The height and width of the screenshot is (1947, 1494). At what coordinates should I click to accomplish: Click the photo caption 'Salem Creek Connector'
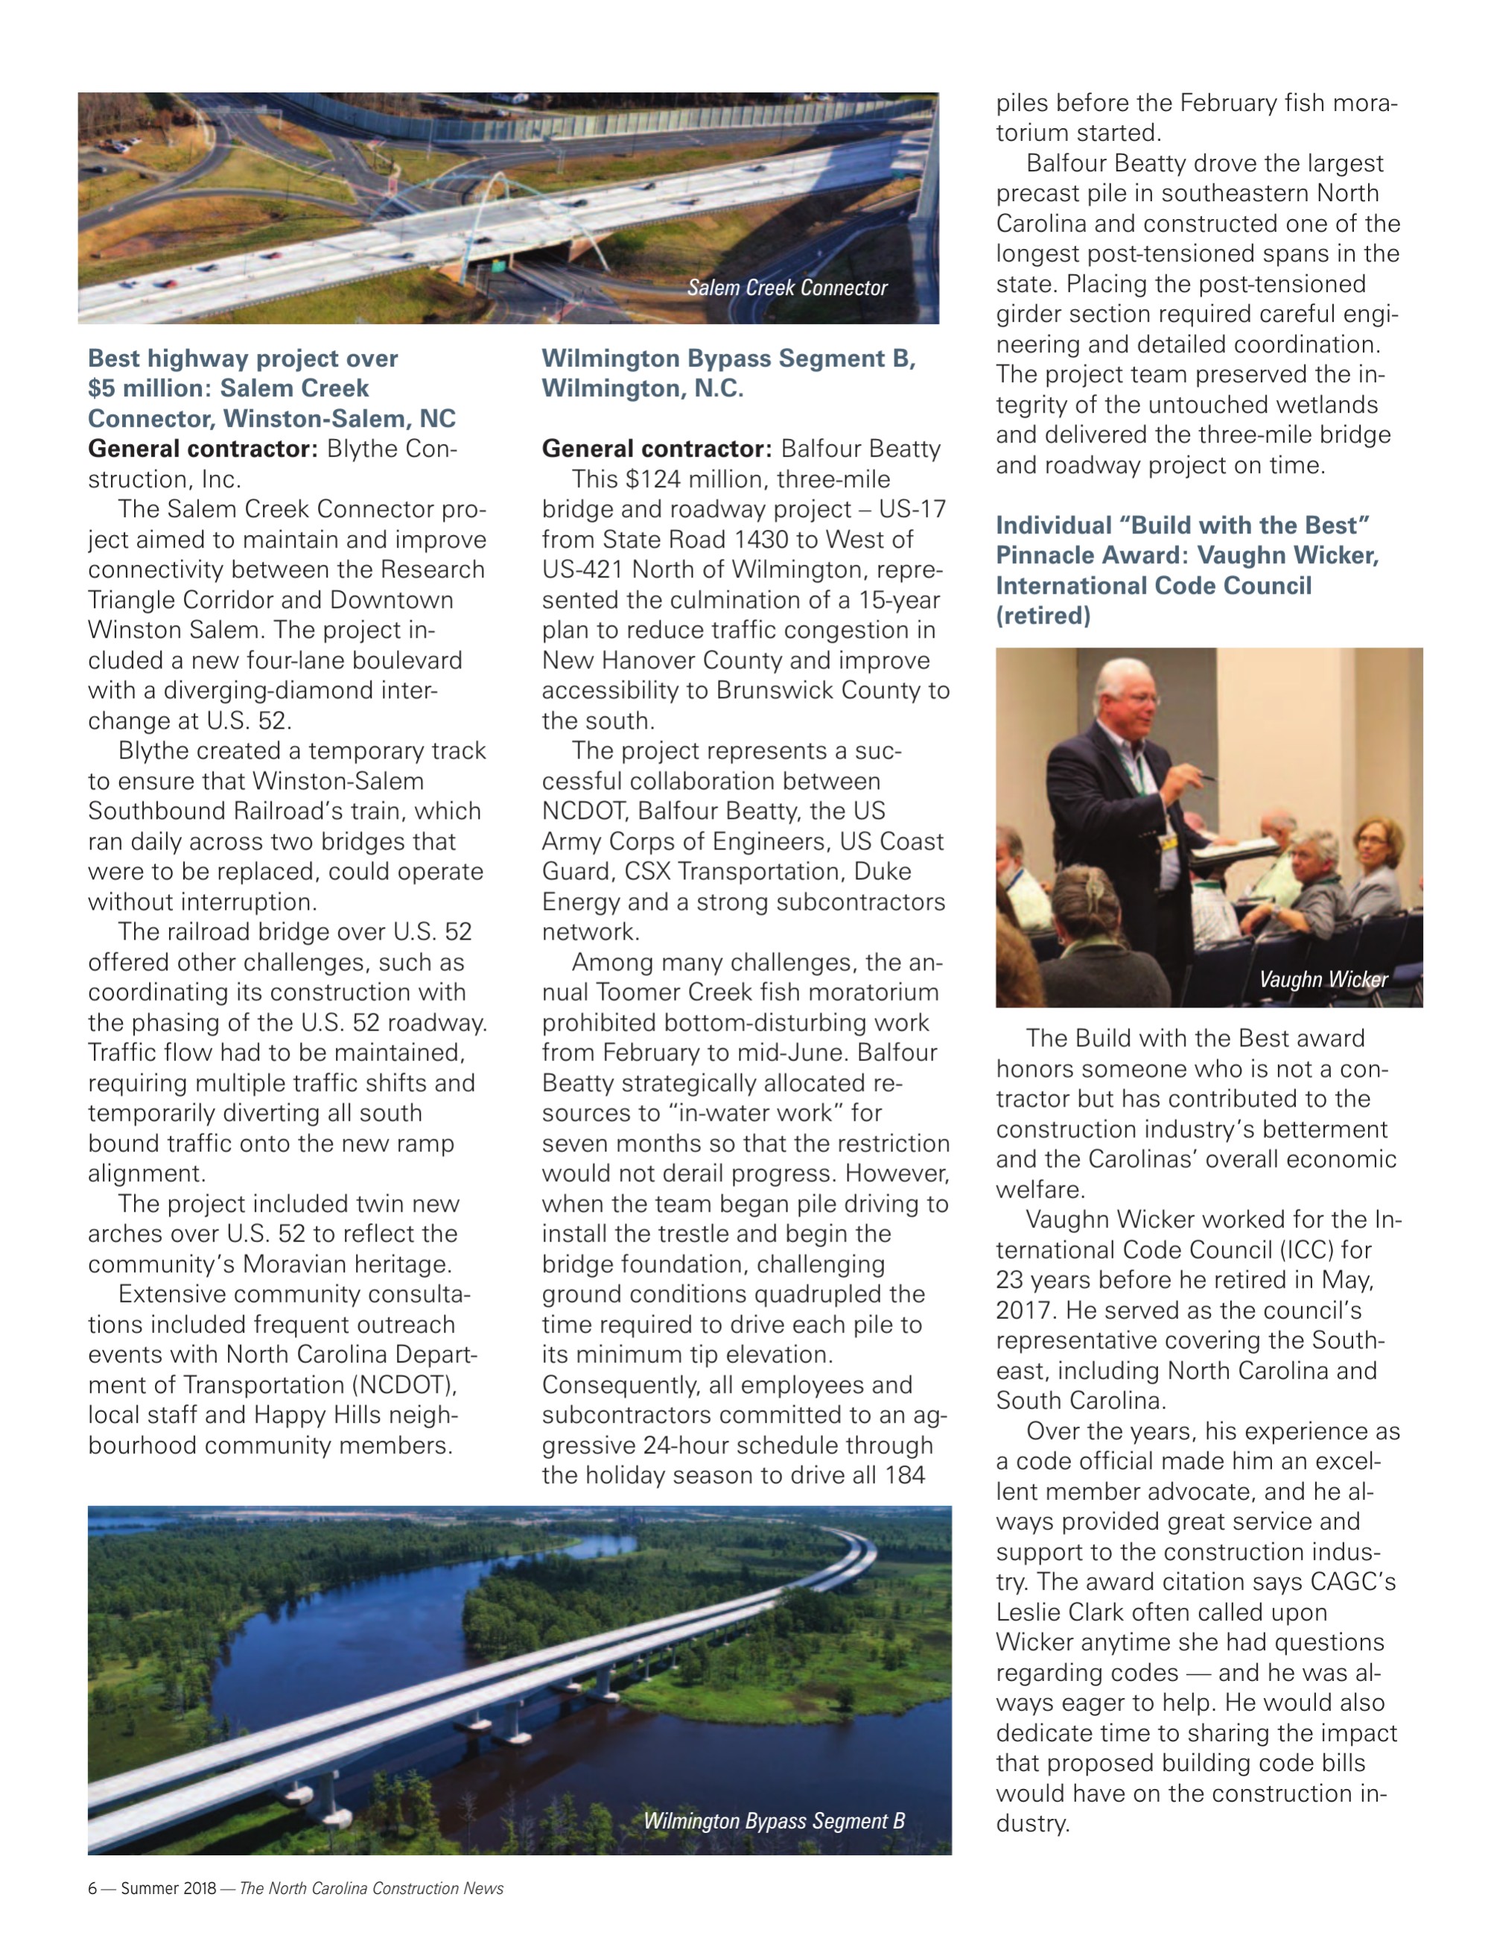point(787,288)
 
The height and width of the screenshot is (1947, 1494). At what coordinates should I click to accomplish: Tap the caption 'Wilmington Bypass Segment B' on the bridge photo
point(774,1820)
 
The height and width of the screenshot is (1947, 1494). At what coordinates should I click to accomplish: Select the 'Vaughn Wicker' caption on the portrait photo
point(1323,979)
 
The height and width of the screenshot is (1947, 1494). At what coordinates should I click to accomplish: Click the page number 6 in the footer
point(92,1888)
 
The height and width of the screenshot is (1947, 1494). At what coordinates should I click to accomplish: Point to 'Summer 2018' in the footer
point(168,1888)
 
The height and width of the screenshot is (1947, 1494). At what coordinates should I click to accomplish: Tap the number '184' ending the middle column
point(904,1475)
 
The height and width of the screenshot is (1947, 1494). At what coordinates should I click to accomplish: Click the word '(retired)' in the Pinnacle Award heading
point(1043,615)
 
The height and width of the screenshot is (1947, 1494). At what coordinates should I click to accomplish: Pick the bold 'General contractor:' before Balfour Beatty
point(657,449)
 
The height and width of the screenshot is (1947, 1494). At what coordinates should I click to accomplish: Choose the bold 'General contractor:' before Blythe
point(203,449)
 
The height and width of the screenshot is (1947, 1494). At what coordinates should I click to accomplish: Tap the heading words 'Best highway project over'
point(243,358)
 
